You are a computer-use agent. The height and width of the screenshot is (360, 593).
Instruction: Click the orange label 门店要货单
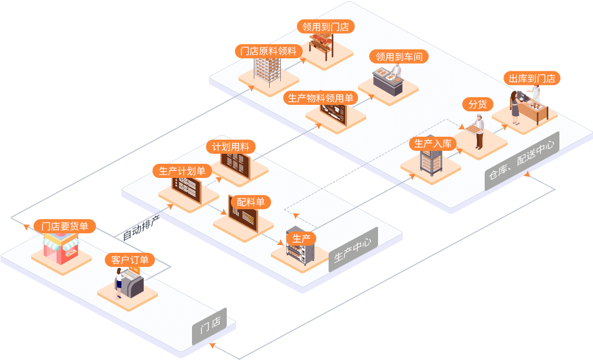(x=65, y=226)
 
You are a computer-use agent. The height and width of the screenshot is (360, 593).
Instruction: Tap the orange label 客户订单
(x=130, y=259)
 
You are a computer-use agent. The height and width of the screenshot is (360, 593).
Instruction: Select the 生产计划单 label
(x=182, y=171)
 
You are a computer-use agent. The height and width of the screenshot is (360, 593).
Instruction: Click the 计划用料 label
(x=231, y=147)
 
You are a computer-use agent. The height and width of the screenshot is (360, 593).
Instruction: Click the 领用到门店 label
(x=325, y=27)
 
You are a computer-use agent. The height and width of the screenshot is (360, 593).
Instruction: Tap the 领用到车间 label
(x=399, y=57)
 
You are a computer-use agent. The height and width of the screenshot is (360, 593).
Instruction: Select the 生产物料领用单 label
(x=320, y=98)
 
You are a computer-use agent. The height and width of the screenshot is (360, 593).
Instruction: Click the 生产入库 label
(x=433, y=143)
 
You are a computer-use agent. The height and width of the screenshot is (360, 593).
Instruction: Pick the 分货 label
(x=478, y=104)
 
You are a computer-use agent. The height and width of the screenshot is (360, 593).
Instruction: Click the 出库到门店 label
(x=532, y=78)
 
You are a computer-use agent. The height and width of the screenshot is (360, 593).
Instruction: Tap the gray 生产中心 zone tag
(x=353, y=250)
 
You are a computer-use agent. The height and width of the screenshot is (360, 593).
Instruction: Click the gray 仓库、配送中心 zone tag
(x=522, y=161)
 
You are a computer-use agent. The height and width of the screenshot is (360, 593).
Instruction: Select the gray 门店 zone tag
(x=210, y=326)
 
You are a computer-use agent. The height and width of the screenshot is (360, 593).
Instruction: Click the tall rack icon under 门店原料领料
(x=266, y=71)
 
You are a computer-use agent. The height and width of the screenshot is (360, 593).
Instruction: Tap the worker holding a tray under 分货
(x=479, y=131)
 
